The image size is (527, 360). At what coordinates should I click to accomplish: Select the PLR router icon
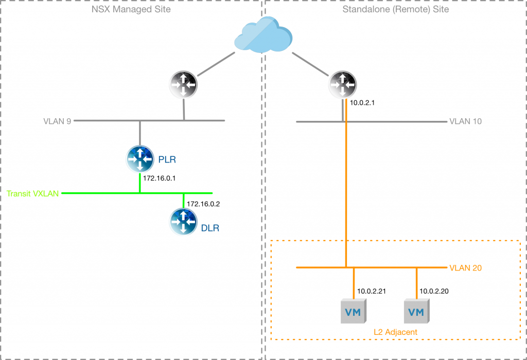point(140,159)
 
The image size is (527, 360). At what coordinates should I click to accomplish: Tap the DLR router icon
point(184,222)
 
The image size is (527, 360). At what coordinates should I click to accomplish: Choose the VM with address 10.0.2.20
point(416,311)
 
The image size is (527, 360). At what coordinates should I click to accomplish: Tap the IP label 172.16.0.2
point(203,204)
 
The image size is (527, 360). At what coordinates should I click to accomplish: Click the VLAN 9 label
point(57,121)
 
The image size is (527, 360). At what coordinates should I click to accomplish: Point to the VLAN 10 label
point(466,122)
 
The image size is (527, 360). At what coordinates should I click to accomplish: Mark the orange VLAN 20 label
point(466,268)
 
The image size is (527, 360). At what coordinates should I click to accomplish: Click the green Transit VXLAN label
point(32,194)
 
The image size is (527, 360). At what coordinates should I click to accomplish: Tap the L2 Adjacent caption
point(395,332)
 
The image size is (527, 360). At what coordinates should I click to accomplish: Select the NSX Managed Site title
point(132,9)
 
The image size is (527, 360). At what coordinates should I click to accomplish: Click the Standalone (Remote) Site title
point(395,9)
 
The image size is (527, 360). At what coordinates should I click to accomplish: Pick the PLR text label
point(167,159)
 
